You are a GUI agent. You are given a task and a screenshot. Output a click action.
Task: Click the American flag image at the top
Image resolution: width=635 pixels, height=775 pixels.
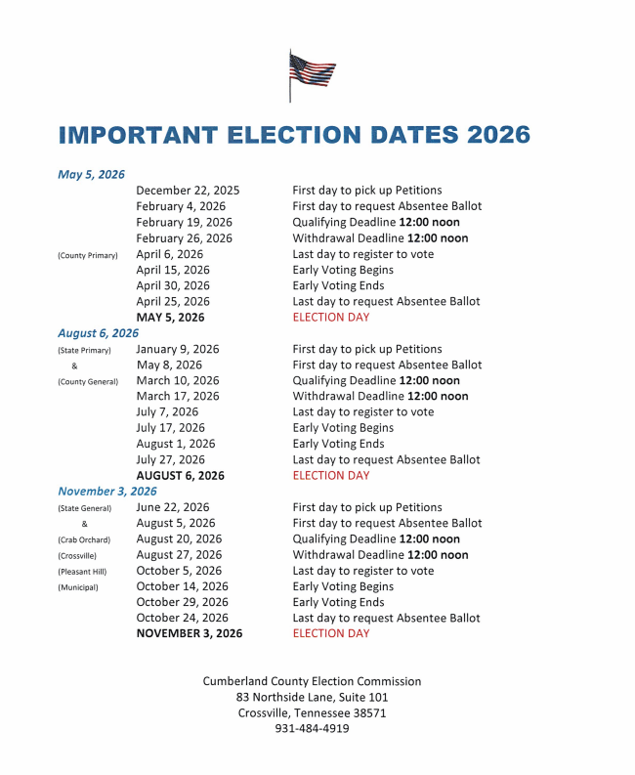[x=312, y=74]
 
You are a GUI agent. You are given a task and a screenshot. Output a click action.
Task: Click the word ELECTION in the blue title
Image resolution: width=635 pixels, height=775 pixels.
[x=324, y=134]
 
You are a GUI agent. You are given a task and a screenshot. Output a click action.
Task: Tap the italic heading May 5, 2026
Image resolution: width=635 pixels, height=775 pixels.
[x=91, y=174]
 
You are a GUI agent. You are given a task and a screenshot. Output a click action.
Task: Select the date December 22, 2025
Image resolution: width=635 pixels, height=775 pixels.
[x=188, y=191]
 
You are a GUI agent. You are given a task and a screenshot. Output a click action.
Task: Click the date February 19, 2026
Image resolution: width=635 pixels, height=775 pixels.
[x=184, y=222]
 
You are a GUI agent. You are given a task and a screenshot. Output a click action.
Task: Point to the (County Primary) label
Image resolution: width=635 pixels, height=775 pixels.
[x=88, y=255]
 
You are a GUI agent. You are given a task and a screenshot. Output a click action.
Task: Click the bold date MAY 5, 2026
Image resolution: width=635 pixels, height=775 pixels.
[x=170, y=318]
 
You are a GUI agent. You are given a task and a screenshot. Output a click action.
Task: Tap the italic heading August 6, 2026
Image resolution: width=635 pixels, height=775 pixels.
[x=98, y=333]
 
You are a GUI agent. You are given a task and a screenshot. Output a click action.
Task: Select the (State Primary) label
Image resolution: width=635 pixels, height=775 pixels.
[x=84, y=350]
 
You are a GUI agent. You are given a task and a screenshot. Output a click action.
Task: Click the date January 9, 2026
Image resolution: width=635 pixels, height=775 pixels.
[x=178, y=349]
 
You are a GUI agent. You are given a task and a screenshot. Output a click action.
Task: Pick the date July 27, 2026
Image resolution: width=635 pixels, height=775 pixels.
[x=170, y=459]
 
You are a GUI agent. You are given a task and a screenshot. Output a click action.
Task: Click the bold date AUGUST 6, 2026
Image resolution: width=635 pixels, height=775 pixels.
[x=180, y=476]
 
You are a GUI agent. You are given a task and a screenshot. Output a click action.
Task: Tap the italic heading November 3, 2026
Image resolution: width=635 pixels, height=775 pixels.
[x=106, y=492]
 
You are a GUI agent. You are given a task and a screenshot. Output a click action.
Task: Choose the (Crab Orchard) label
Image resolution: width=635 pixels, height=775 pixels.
[x=85, y=539]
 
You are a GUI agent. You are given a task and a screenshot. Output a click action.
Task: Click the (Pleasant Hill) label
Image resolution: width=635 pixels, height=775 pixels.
[x=84, y=572]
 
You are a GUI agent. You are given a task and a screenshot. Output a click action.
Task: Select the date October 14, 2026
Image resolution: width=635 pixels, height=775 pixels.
[x=183, y=586]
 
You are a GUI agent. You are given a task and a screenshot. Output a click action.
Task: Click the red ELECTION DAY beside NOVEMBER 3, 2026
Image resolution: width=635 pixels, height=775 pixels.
[x=331, y=633]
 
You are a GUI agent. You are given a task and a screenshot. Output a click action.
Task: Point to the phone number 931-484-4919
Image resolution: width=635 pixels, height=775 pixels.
[x=312, y=728]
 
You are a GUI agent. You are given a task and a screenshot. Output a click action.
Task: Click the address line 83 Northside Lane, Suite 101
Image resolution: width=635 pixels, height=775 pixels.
[x=312, y=697]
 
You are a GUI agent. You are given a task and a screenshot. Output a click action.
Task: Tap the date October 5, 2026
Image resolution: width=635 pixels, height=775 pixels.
[x=179, y=571]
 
